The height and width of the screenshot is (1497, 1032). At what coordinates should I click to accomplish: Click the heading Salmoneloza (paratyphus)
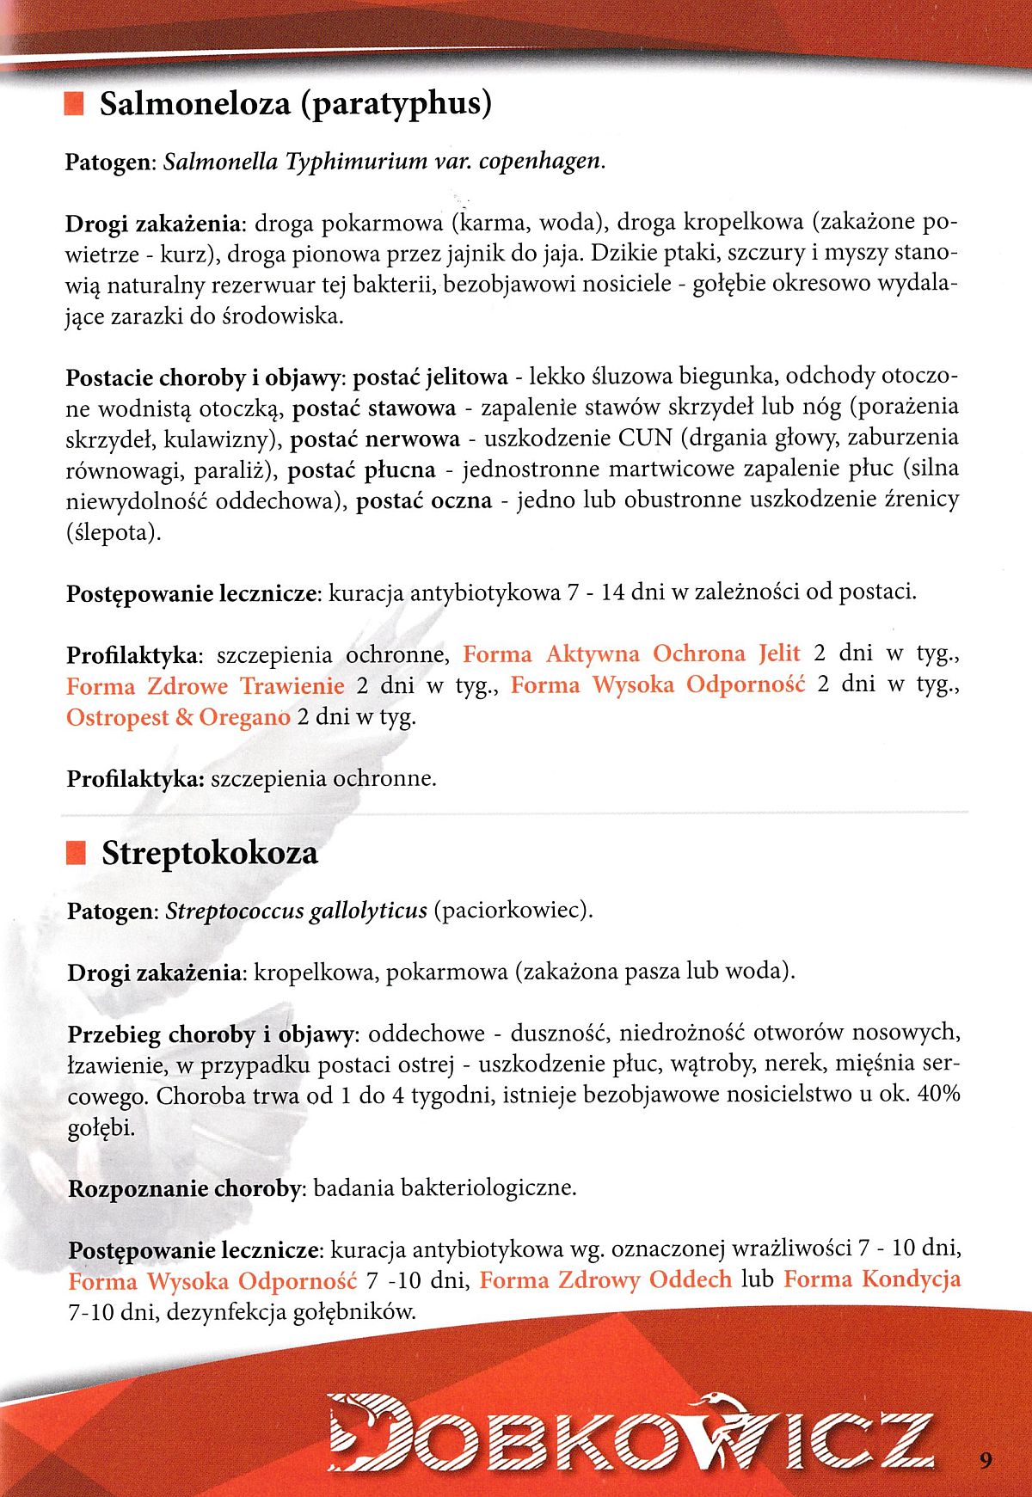(x=295, y=104)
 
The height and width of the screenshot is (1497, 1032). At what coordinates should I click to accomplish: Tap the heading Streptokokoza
(x=209, y=853)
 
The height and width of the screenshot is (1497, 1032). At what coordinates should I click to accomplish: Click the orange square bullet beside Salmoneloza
(x=74, y=105)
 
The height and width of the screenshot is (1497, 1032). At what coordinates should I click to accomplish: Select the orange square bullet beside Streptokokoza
(x=76, y=853)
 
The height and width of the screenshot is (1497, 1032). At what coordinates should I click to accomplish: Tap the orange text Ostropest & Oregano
(x=178, y=717)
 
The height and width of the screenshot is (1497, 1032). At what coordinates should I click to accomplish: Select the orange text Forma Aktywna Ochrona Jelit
(x=631, y=653)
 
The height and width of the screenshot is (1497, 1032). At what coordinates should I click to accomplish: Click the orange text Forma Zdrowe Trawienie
(x=205, y=686)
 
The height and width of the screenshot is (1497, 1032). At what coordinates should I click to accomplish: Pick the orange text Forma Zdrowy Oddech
(x=605, y=1279)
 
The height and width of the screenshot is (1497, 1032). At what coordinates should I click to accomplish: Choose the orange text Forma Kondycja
(x=872, y=1279)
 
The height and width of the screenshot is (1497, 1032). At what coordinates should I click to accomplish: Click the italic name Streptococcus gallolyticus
(x=296, y=911)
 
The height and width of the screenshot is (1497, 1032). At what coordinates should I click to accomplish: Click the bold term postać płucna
(x=361, y=469)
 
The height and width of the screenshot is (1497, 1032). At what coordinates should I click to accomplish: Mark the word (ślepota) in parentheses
(x=113, y=532)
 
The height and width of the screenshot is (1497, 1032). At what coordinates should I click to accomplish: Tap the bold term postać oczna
(x=424, y=500)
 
